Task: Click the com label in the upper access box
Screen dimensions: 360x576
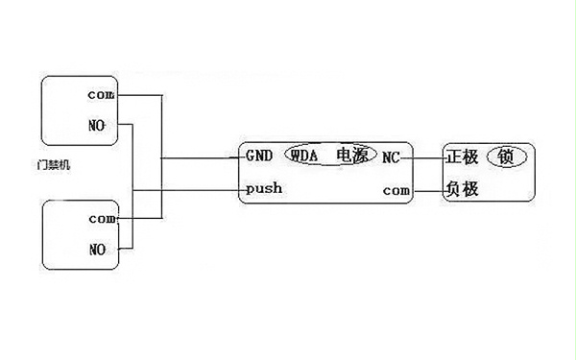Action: (101, 94)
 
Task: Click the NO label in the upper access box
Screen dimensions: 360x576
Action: (96, 126)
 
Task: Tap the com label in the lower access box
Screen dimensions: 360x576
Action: (101, 219)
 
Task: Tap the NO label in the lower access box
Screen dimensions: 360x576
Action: (96, 250)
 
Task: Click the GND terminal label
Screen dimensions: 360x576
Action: (260, 156)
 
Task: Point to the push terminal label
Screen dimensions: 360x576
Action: (264, 188)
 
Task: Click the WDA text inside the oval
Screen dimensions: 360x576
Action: (303, 156)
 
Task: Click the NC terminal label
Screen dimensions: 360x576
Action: (391, 156)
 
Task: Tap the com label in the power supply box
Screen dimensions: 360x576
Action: (396, 190)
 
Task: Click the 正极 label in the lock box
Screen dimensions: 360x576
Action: (462, 156)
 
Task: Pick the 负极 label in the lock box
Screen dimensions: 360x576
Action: (462, 189)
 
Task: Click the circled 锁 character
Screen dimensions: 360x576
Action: (506, 156)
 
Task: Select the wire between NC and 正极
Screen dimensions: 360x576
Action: (421, 156)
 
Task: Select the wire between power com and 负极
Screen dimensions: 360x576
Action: (425, 190)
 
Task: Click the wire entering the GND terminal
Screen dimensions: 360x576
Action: (202, 156)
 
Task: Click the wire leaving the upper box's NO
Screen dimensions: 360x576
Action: (125, 126)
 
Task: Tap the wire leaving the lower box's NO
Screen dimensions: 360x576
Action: (125, 250)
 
